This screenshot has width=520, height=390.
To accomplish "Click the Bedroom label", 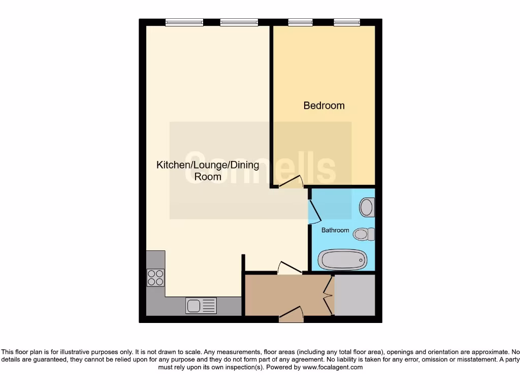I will pyautogui.click(x=324, y=106).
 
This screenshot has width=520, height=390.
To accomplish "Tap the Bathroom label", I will pyautogui.click(x=335, y=230).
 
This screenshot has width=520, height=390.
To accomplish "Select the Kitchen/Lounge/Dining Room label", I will pyautogui.click(x=208, y=171).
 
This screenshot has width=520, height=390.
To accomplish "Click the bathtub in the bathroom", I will pyautogui.click(x=342, y=260).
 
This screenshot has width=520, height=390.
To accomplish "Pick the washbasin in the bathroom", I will pyautogui.click(x=366, y=207).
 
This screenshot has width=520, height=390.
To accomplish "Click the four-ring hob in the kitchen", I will pyautogui.click(x=155, y=277).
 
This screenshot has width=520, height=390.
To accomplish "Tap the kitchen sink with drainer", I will pyautogui.click(x=201, y=305).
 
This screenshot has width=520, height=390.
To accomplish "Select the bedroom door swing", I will pyautogui.click(x=291, y=181).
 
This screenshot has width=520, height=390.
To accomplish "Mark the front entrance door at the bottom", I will pyautogui.click(x=291, y=315).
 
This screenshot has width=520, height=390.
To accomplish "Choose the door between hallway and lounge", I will pyautogui.click(x=290, y=268).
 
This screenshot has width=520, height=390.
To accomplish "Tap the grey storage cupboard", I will pyautogui.click(x=354, y=295).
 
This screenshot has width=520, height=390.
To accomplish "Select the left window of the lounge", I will pyautogui.click(x=184, y=22).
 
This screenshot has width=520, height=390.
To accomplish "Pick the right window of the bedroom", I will pyautogui.click(x=347, y=22).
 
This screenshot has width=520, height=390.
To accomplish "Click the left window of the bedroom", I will pyautogui.click(x=300, y=22).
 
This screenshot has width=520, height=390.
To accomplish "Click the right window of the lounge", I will pyautogui.click(x=239, y=22).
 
